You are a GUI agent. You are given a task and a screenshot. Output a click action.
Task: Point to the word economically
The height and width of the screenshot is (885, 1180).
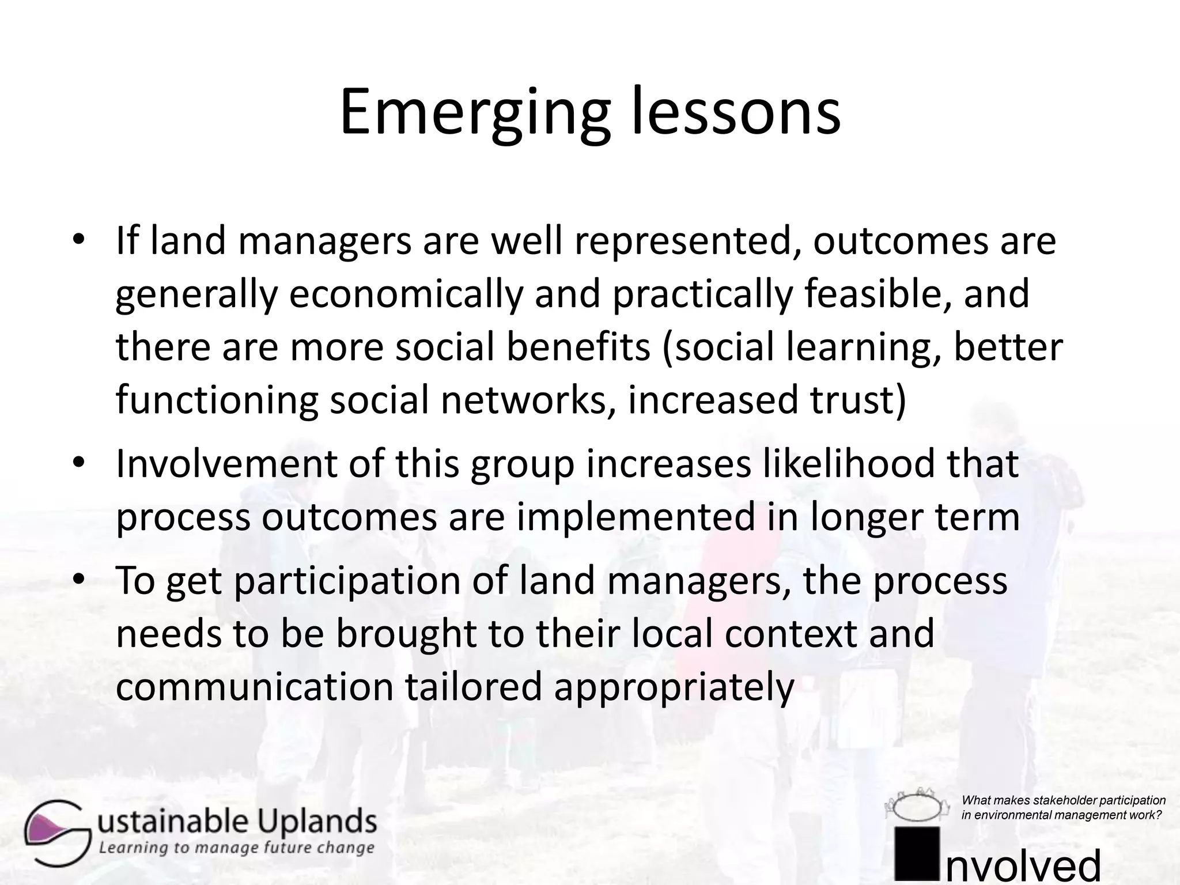(x=406, y=294)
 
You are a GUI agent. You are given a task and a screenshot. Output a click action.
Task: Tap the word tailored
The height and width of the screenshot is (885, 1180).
(x=473, y=687)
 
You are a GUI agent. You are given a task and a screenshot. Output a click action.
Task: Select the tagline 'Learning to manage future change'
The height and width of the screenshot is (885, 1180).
(x=236, y=848)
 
